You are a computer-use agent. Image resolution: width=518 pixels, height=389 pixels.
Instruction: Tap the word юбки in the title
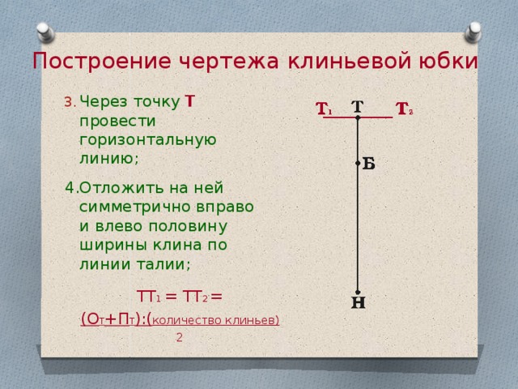(x=448, y=62)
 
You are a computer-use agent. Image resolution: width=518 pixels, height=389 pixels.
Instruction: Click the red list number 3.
(x=69, y=102)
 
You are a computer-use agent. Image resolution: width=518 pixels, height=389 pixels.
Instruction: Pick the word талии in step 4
(x=163, y=264)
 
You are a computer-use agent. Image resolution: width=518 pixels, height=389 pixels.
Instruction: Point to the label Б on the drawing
(x=369, y=164)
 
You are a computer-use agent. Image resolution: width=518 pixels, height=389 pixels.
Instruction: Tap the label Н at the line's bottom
(x=358, y=304)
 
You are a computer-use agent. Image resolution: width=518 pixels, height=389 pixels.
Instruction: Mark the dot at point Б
(x=358, y=163)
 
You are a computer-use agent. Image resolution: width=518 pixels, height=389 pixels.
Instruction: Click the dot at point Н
(x=358, y=293)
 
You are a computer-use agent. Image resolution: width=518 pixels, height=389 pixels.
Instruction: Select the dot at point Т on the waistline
(x=358, y=118)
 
